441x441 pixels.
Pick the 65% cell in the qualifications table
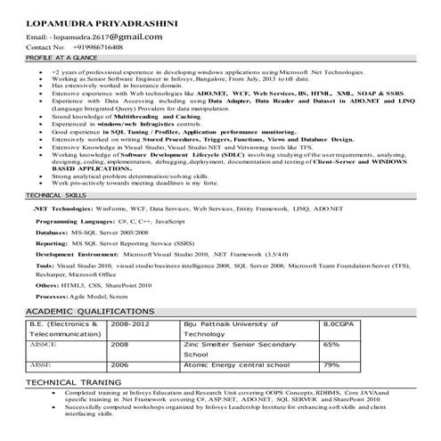pyautogui.click(x=331, y=344)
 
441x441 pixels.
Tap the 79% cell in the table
pyautogui.click(x=331, y=364)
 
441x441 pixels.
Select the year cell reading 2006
pyautogui.click(x=119, y=364)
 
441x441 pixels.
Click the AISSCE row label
pyautogui.click(x=45, y=344)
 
